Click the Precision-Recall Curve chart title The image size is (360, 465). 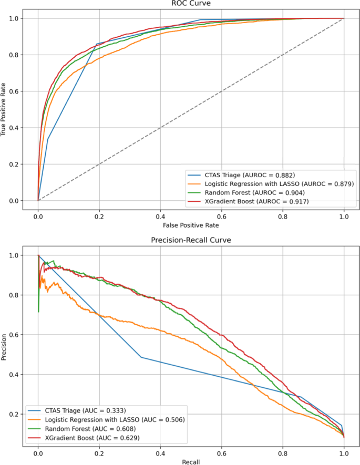pos(190,241)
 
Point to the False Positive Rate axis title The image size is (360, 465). pos(190,225)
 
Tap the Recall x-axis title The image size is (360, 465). pos(190,461)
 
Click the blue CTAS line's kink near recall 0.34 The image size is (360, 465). pos(141,357)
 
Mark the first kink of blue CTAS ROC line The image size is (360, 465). pos(48,139)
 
